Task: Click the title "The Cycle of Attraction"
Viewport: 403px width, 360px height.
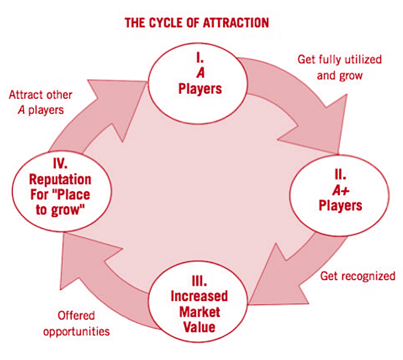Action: [x=197, y=23]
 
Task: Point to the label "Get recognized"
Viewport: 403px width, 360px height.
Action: [x=358, y=276]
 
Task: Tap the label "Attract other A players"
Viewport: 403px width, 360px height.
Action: [x=41, y=102]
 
